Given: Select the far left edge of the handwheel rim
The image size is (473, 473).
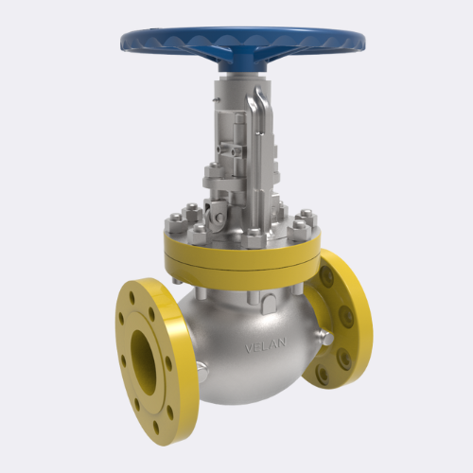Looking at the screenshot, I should [x=122, y=41].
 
